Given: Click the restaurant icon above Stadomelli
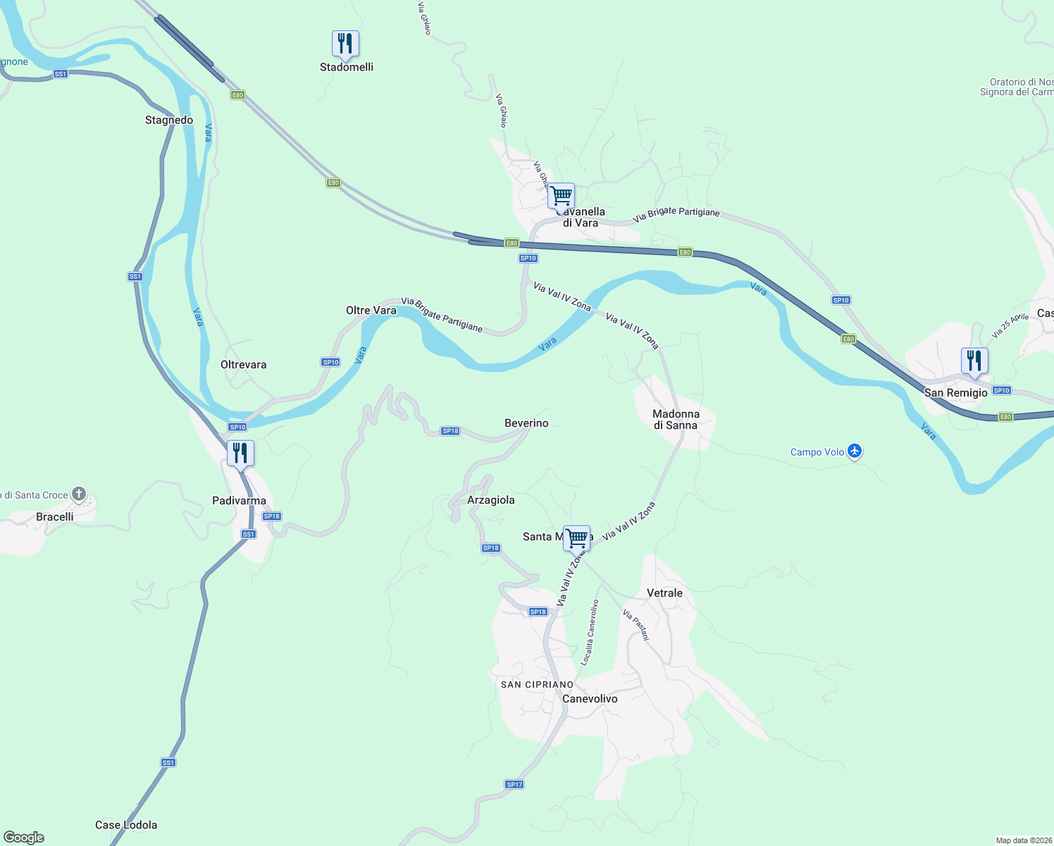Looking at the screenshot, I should coord(345,44).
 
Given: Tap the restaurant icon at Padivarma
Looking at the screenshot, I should coord(240,453).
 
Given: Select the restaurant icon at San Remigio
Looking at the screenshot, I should coord(974,361).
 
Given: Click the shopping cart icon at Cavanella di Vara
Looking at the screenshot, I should coord(561,196).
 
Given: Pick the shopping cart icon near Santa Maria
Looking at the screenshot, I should coord(577,539).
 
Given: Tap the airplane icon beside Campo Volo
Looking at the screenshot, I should coord(855,451).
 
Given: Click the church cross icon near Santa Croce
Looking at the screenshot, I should coord(79,494).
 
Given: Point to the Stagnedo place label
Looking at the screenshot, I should coord(169,120).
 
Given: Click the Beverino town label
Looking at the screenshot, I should coord(526,423).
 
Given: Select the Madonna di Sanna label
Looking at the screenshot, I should coord(676,419).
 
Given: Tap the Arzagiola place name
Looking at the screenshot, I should coord(491,500).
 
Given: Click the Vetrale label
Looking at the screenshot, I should coord(664,593).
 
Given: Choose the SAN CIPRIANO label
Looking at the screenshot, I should coord(537,685).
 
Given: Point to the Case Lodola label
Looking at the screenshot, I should coord(126,825).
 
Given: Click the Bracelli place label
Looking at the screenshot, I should coord(55,517).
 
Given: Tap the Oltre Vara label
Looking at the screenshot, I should coord(371,310).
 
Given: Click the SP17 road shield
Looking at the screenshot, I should coord(514,785).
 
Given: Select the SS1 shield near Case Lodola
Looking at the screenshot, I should coord(168,763).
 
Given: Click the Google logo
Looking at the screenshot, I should coord(24,838).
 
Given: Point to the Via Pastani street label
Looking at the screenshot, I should coord(635,625).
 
